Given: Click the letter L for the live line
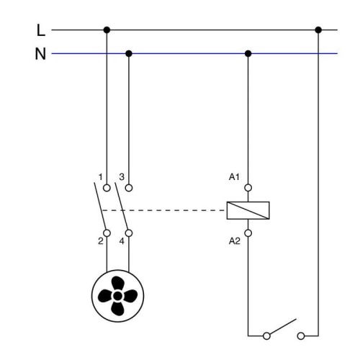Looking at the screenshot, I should point(41,30).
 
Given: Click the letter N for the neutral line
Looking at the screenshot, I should point(41,53).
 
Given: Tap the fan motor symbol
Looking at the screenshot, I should point(118,294).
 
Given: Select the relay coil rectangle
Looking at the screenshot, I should point(248,210).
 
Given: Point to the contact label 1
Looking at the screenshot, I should point(101,176).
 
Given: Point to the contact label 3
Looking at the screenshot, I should point(123,176).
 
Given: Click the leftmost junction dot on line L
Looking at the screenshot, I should point(107,30).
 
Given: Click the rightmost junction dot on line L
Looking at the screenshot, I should point(318,30).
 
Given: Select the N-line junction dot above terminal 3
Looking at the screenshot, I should point(129,53).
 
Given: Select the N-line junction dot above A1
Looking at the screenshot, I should point(248,53).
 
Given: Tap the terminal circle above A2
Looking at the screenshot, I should point(248,233).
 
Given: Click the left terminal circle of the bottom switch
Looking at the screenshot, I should point(269,336).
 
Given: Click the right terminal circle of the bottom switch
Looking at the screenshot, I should point(300,336).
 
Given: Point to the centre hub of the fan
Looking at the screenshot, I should point(118,294).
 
